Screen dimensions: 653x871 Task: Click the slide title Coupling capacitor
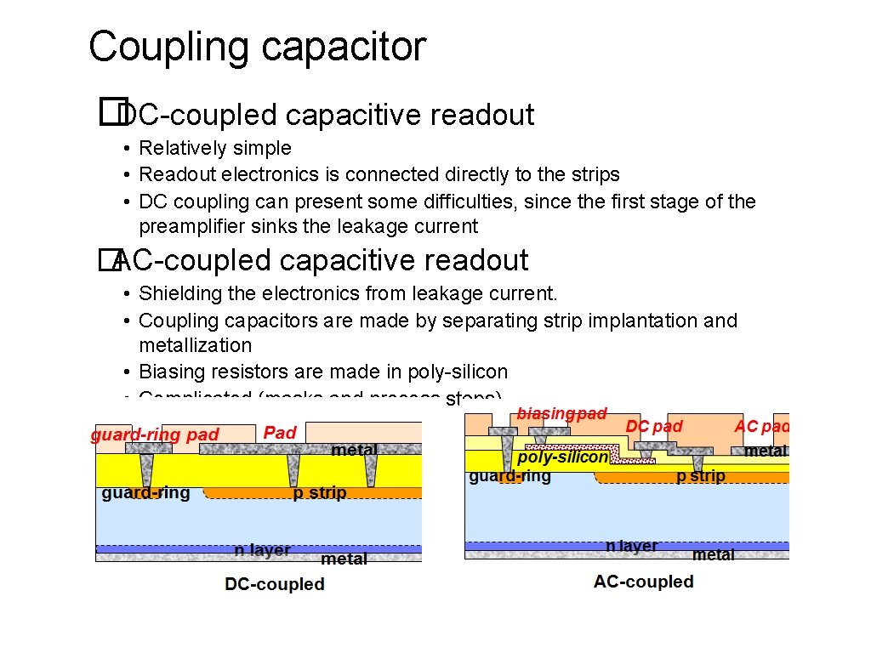257,47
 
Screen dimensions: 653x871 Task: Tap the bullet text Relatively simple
215,148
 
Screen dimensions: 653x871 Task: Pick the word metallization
196,345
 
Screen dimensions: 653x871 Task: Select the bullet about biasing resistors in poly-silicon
323,372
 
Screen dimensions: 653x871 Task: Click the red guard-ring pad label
155,434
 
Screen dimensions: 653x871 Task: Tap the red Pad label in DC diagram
280,433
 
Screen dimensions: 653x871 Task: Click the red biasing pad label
561,414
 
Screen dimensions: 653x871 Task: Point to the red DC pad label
654,425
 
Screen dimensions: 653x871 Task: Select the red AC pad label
761,426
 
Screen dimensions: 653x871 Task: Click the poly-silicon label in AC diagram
563,457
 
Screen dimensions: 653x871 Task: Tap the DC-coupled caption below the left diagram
275,584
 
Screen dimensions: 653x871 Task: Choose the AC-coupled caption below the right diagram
644,582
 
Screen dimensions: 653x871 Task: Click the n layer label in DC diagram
262,550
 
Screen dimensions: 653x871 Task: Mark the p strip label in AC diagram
701,476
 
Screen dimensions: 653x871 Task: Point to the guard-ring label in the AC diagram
510,477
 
